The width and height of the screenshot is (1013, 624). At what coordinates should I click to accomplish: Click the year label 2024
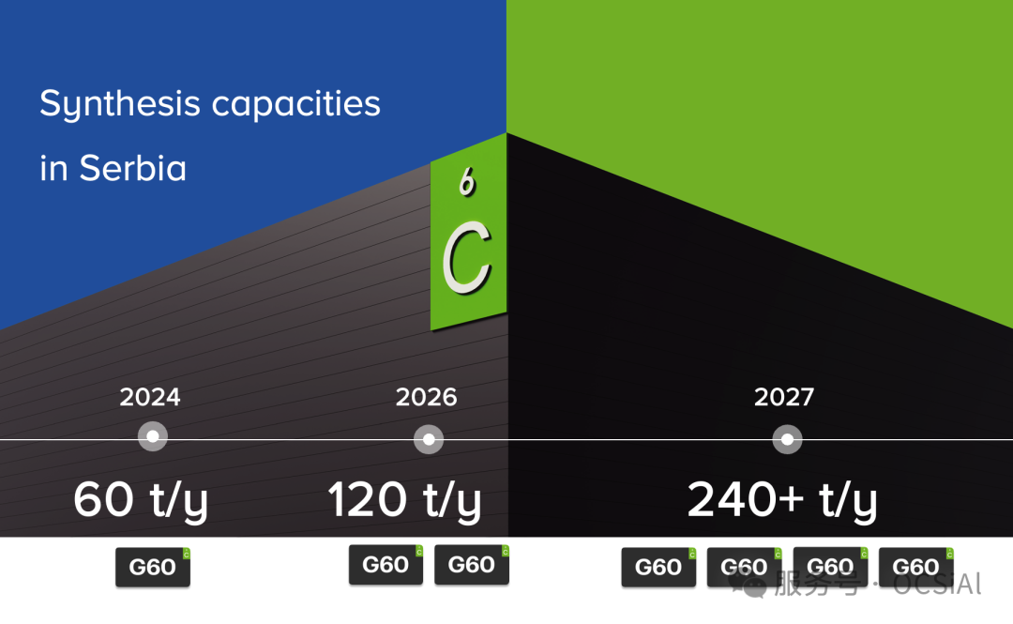click(150, 397)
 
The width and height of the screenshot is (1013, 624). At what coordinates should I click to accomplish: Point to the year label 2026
click(427, 397)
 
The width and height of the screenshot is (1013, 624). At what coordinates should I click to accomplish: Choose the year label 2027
click(784, 397)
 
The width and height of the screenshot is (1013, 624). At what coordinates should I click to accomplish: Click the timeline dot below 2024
click(152, 436)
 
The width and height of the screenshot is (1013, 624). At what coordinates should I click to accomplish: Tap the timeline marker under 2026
click(429, 438)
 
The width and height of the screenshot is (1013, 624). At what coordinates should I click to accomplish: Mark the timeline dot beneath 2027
click(787, 438)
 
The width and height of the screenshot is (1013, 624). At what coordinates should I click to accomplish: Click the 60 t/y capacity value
click(141, 500)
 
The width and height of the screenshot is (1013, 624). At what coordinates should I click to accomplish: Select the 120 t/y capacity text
click(404, 500)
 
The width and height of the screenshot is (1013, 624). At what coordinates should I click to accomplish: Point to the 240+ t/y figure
click(782, 500)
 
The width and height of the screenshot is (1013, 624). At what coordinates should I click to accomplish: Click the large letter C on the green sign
click(467, 257)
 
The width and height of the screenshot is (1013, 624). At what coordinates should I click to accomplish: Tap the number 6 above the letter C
click(466, 183)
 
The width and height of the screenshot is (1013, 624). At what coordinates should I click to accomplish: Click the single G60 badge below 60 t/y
click(153, 568)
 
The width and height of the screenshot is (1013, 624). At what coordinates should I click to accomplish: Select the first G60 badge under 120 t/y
click(386, 565)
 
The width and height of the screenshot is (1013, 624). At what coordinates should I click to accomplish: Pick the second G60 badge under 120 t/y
click(472, 565)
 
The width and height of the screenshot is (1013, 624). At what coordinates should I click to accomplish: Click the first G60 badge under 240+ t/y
click(658, 567)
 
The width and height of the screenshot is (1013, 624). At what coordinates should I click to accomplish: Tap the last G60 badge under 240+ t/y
click(915, 567)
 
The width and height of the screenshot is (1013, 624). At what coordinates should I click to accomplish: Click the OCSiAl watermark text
click(937, 585)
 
